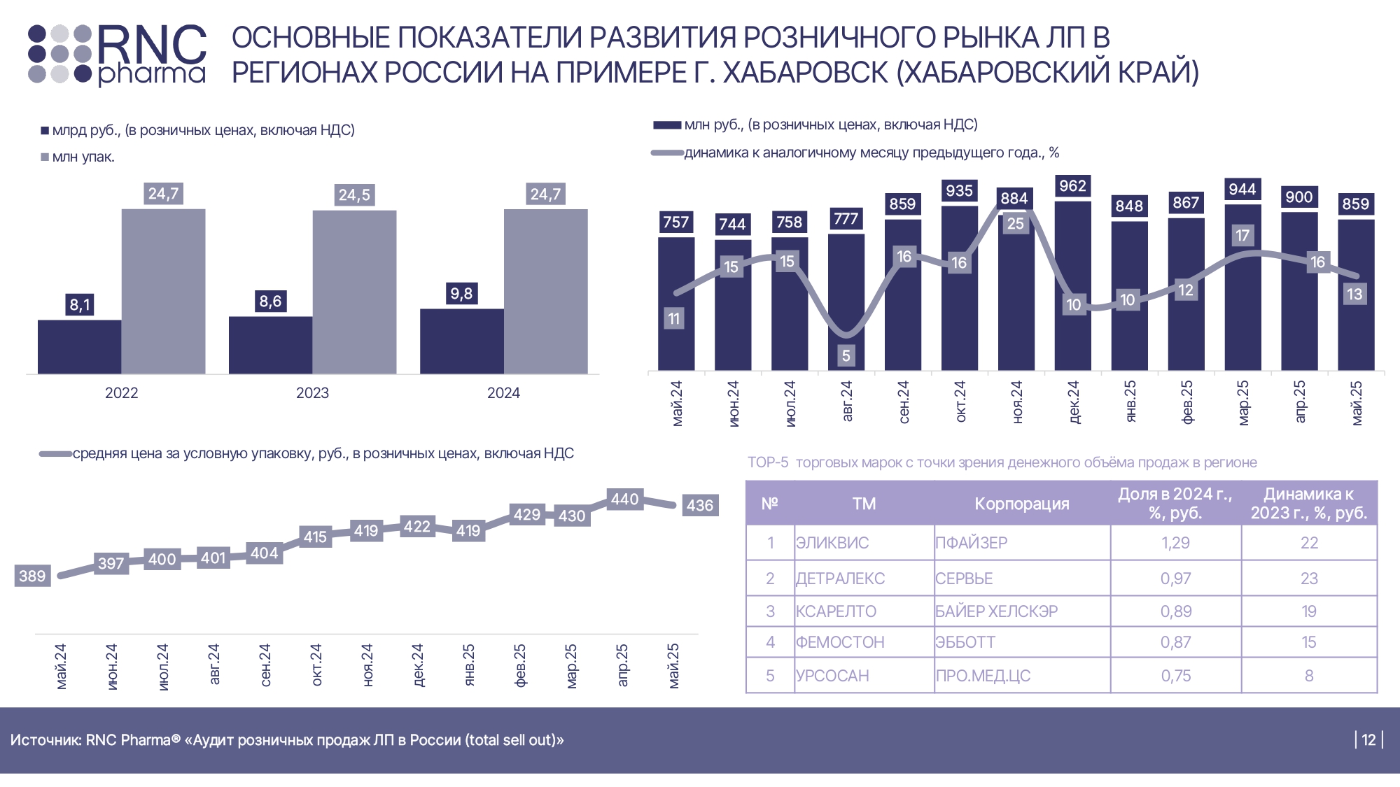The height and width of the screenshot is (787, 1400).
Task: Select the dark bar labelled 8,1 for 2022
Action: pyautogui.click(x=79, y=346)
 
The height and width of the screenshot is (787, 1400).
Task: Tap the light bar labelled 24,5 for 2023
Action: pyautogui.click(x=354, y=292)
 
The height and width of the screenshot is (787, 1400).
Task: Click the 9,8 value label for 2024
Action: pyautogui.click(x=461, y=294)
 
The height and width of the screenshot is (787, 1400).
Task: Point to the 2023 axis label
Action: pyautogui.click(x=312, y=393)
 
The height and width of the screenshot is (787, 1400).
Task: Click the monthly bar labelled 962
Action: pyautogui.click(x=1072, y=285)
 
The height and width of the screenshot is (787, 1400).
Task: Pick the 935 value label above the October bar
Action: pyautogui.click(x=959, y=191)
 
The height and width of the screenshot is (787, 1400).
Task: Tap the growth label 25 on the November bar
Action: pyautogui.click(x=1015, y=224)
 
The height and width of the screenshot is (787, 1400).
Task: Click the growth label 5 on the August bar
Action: pyautogui.click(x=846, y=356)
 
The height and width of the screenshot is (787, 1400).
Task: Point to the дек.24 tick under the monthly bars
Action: pyautogui.click(x=1074, y=402)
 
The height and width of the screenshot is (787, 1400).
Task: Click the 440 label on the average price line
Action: pyautogui.click(x=624, y=499)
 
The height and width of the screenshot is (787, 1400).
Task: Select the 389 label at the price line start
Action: pyautogui.click(x=32, y=576)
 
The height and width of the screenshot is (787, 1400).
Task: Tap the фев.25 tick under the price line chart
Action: pyautogui.click(x=520, y=666)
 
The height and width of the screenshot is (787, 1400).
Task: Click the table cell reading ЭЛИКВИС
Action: pyautogui.click(x=832, y=543)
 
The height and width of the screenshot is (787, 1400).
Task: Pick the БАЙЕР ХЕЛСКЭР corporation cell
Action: pyautogui.click(x=996, y=611)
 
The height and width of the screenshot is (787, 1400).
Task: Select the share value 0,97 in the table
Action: pyautogui.click(x=1175, y=579)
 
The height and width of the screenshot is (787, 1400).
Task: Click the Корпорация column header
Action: pyautogui.click(x=1021, y=504)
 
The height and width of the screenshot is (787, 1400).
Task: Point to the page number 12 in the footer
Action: pyautogui.click(x=1368, y=740)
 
